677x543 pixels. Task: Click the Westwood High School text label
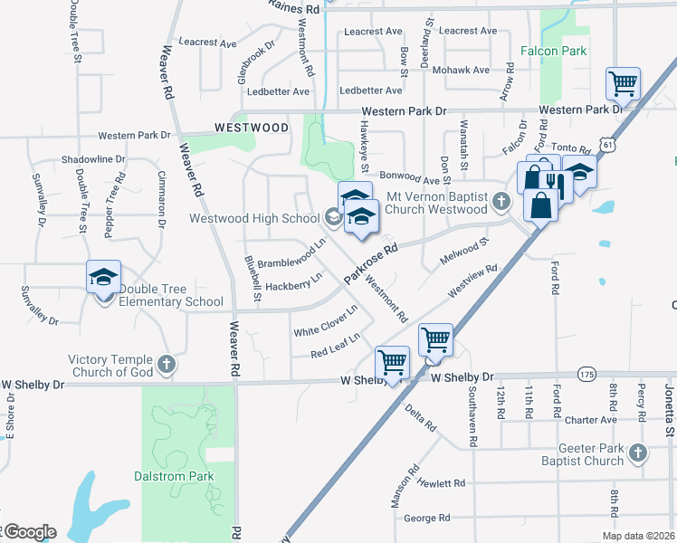point(254,218)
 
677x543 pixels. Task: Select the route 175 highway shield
point(586,374)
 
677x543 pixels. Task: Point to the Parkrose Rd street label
point(371,262)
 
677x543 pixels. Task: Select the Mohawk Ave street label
point(462,70)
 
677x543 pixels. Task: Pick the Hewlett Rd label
point(441,484)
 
